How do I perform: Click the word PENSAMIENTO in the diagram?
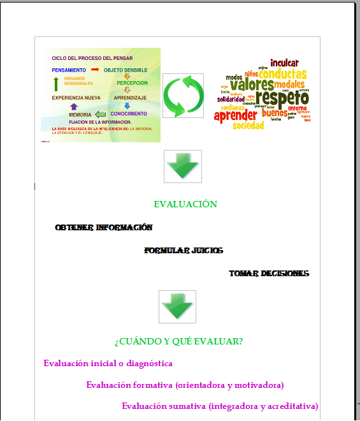coord(69,70)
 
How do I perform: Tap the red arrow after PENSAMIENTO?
coord(95,69)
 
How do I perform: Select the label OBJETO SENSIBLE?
coord(126,70)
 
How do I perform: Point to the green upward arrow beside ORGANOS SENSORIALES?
coord(56,83)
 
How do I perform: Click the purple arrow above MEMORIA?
coord(74,107)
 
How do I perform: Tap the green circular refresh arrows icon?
coord(183,96)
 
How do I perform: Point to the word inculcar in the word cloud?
coord(284,63)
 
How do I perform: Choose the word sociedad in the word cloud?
coord(248,126)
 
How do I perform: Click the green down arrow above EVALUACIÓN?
coord(183,166)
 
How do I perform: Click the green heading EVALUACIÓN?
coord(185,204)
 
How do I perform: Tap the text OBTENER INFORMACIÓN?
coord(104,227)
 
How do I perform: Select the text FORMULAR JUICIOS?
coord(184,251)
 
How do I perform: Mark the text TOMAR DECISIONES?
coord(269,273)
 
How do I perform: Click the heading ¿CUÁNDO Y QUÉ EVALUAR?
coord(178,341)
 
